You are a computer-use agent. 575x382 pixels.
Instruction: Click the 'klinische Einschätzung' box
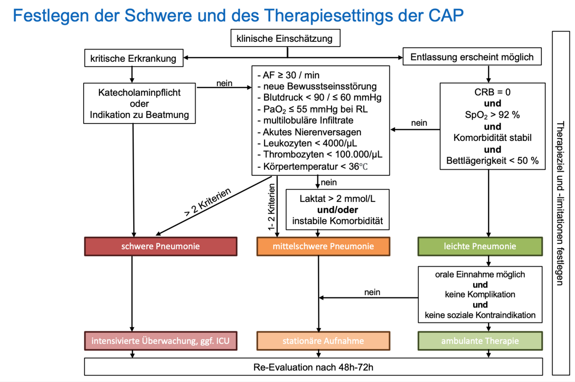pos(284,39)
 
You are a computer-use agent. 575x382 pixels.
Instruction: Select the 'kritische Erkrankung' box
pos(133,58)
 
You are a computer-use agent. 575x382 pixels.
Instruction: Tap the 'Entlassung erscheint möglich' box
pos(472,57)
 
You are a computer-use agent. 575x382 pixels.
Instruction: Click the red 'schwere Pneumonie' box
pos(160,246)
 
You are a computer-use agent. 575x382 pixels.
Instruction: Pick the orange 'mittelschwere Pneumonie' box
pos(323,246)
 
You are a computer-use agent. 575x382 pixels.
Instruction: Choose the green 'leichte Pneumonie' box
pos(480,246)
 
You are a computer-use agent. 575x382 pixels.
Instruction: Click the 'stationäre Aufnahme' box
pos(323,341)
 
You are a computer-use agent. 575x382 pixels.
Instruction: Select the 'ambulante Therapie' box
pos(480,341)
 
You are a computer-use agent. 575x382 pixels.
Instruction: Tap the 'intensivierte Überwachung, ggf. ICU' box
pos(160,341)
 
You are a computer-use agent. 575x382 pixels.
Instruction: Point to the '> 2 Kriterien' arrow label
pos(208,202)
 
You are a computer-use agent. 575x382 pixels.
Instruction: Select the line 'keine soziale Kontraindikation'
pos(480,315)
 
